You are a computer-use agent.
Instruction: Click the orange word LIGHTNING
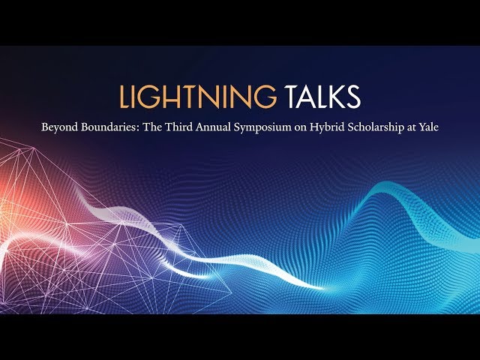click(198, 97)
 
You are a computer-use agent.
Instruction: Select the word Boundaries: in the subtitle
click(109, 127)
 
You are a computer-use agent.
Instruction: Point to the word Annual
click(213, 127)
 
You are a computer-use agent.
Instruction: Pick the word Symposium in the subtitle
click(262, 127)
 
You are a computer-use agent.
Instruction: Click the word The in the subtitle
click(152, 127)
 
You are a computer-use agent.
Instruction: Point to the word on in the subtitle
click(301, 127)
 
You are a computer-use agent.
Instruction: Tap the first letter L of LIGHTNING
click(123, 97)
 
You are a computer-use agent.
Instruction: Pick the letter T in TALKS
click(292, 97)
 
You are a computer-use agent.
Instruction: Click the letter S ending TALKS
click(353, 97)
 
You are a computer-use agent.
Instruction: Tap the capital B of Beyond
click(45, 127)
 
